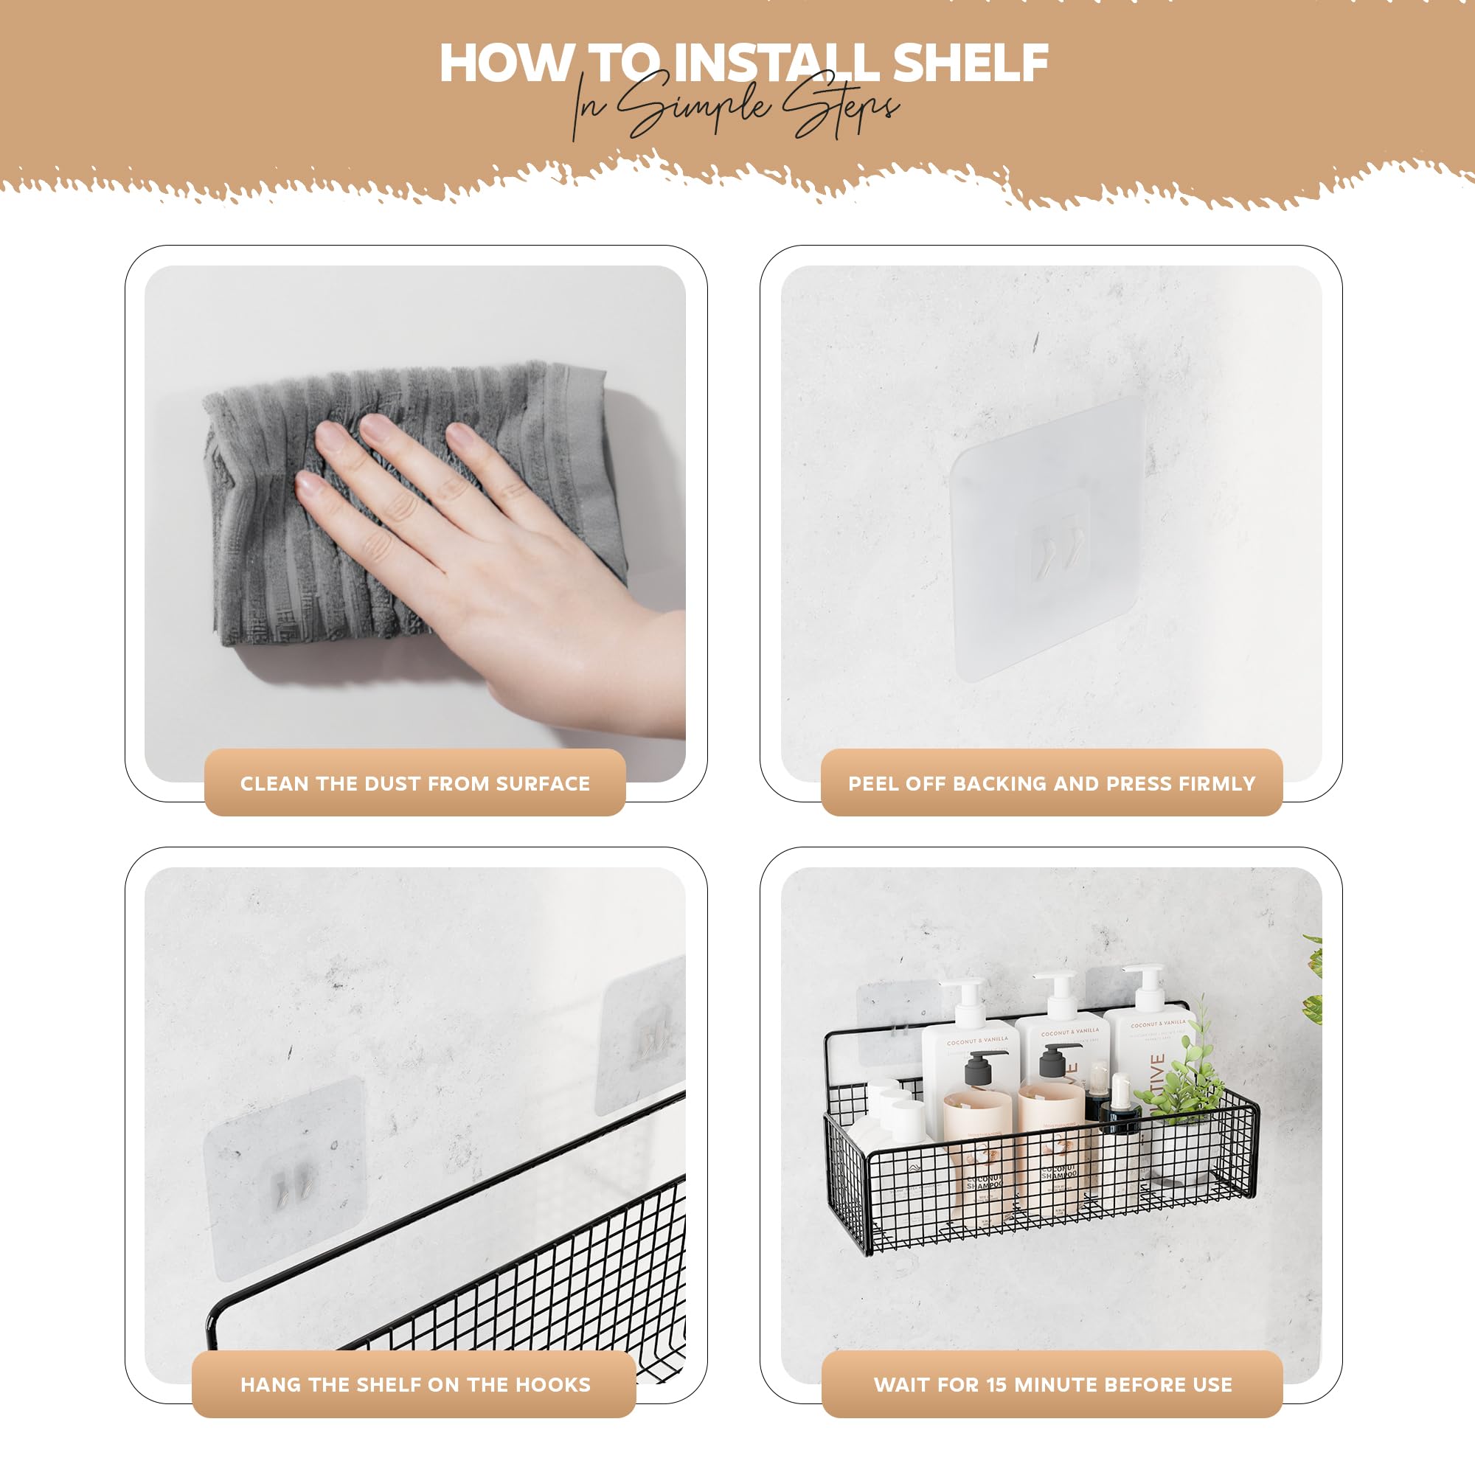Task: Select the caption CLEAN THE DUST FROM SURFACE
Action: [x=414, y=783]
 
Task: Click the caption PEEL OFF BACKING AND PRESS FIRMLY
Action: [x=1051, y=783]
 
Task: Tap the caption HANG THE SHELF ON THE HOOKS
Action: [x=414, y=1384]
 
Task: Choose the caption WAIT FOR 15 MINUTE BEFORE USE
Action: [x=1052, y=1384]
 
